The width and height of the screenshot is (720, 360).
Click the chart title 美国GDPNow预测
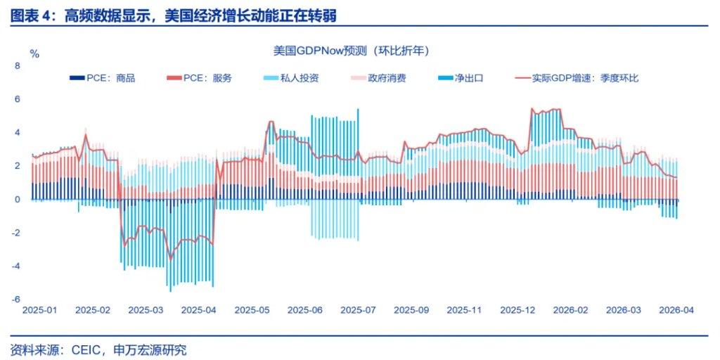351,51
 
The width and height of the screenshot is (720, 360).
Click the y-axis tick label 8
18,65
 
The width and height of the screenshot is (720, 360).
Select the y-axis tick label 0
18,200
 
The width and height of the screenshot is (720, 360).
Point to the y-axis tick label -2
17,233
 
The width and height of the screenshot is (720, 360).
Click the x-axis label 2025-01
41,310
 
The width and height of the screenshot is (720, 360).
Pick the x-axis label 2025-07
359,310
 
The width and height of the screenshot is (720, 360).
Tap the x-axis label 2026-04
675,310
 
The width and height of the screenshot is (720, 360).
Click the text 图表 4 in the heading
32,14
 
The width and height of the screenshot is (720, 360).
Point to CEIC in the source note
86,349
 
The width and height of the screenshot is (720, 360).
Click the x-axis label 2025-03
147,310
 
